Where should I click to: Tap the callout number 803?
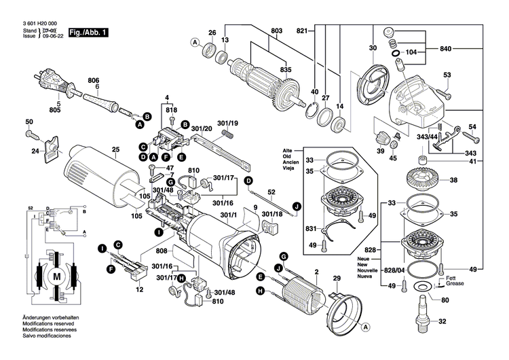point(276,31)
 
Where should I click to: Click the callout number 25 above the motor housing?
point(115,149)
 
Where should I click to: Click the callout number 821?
point(302,31)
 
